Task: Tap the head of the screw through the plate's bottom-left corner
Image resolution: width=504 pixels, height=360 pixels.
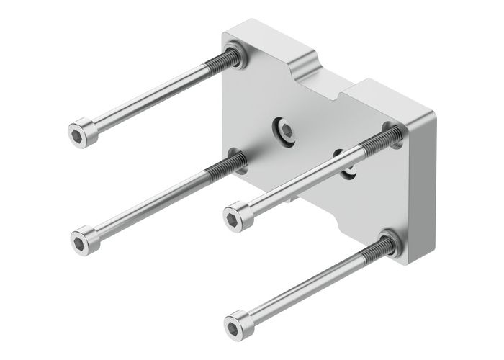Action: click(x=84, y=237)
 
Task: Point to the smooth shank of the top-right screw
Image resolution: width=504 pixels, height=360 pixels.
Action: click(x=302, y=181)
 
